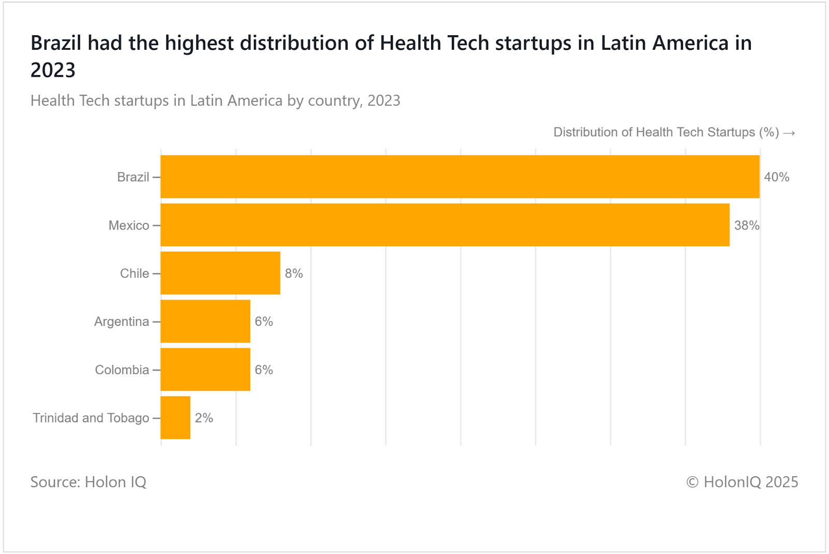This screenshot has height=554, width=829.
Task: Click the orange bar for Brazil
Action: coord(460,177)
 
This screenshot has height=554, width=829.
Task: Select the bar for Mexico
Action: coord(445,225)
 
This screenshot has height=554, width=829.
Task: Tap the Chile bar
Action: coord(220,273)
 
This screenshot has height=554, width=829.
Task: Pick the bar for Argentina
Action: coord(205,321)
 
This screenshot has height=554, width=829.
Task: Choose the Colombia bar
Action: coord(205,370)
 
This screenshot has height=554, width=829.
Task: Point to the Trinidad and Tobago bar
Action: coord(175,418)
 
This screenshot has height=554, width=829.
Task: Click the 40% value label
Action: coord(776,177)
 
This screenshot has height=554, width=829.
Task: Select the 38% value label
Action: coord(746,225)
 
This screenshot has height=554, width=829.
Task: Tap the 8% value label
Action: coord(294,274)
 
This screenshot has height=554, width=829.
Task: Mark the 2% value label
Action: coord(204,418)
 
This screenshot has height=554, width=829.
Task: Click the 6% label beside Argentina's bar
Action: coord(264,322)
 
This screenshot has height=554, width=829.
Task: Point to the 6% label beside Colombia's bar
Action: coord(264,370)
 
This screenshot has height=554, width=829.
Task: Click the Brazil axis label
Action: coord(133,177)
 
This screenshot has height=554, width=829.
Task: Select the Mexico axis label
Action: coord(128,225)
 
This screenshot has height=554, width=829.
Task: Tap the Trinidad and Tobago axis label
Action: coord(91,418)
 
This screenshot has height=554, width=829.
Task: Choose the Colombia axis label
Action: coord(122,370)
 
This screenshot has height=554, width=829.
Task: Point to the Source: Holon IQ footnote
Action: coord(88,482)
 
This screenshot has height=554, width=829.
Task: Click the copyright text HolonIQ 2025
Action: coord(742,482)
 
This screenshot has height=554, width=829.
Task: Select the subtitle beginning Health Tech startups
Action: coord(215,101)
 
